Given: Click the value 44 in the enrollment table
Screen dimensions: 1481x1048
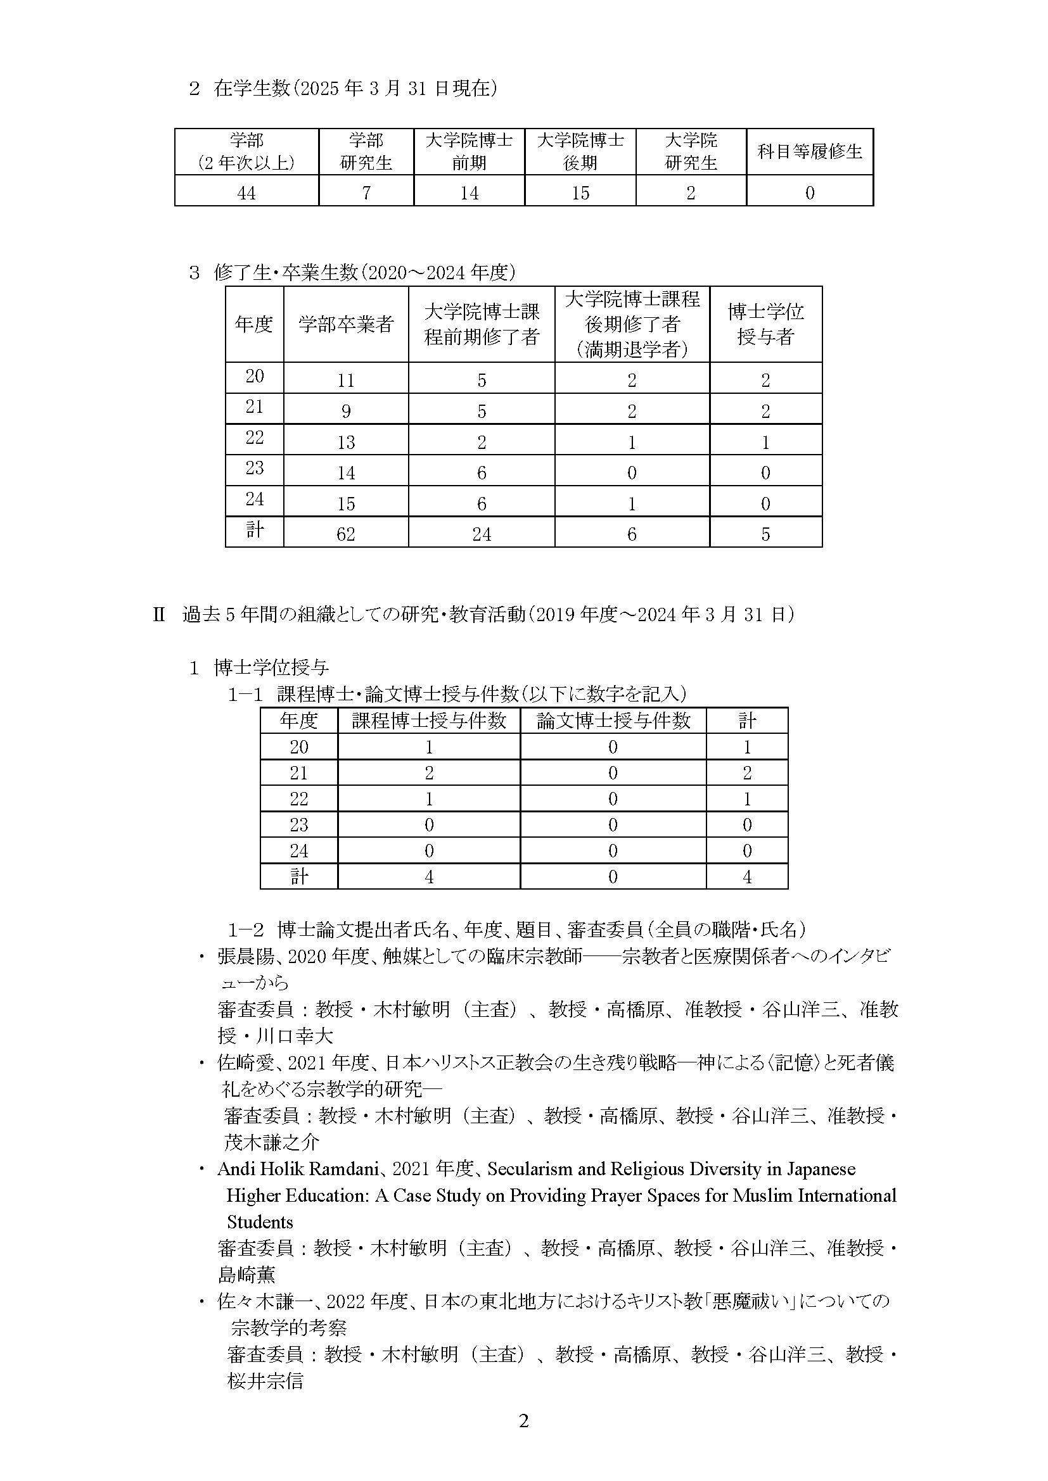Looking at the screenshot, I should (246, 192).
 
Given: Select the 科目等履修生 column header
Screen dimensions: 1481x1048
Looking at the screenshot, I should (809, 151).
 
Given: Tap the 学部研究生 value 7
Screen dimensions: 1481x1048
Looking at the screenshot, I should (366, 192).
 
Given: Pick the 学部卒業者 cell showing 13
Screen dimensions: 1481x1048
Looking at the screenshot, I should (346, 442).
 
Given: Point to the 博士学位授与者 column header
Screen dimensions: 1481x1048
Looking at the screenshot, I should (765, 324).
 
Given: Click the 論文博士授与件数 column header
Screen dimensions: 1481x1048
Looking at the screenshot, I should (613, 721).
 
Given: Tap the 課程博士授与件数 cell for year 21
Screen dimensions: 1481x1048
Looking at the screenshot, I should (429, 772).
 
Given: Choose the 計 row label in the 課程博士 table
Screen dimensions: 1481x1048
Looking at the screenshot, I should (299, 876).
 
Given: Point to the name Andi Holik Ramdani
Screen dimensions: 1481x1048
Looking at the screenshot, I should (300, 1169).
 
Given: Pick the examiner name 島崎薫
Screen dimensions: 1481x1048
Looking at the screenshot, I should (246, 1275).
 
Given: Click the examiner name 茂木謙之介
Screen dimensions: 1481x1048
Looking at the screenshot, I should (272, 1142).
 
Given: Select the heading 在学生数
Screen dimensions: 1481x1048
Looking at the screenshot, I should (252, 88).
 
